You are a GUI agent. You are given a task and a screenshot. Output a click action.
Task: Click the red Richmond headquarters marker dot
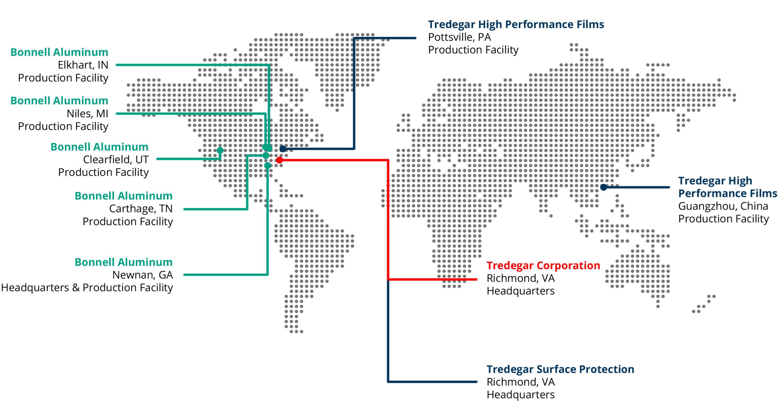coord(279,160)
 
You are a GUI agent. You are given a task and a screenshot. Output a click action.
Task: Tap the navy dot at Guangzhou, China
coord(604,187)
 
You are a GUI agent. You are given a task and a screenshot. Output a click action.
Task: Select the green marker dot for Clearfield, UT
coord(220,150)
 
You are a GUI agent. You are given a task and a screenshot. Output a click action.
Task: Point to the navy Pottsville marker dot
coord(283,149)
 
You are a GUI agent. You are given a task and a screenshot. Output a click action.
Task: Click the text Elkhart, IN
coord(83,65)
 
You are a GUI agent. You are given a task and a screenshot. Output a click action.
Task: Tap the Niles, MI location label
coord(88,114)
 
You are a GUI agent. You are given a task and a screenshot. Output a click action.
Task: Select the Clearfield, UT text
coord(116,159)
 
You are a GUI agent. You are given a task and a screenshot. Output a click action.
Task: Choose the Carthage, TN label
coord(141,209)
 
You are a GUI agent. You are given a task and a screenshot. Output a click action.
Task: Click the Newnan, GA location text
coord(143,275)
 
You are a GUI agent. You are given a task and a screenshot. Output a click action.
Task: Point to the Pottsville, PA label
coord(460,37)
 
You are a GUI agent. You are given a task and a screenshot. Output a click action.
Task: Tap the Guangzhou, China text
coord(723,206)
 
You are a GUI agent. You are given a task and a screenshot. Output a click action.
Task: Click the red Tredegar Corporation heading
coord(543,266)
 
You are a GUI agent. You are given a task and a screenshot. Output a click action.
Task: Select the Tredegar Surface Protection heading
coord(560,369)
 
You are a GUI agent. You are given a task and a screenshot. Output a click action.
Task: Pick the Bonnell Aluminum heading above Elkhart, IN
coord(59,52)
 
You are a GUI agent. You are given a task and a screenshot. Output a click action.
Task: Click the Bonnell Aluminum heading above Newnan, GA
coord(124,262)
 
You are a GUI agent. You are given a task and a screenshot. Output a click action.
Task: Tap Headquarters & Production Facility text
coord(87,288)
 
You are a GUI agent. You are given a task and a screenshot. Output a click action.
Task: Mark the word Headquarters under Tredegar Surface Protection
coord(521,395)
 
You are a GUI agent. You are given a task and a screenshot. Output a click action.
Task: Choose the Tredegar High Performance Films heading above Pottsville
coord(516,25)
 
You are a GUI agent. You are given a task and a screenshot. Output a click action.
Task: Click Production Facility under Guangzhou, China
coord(724,219)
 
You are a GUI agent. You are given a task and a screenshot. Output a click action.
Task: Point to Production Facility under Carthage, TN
coord(128,222)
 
